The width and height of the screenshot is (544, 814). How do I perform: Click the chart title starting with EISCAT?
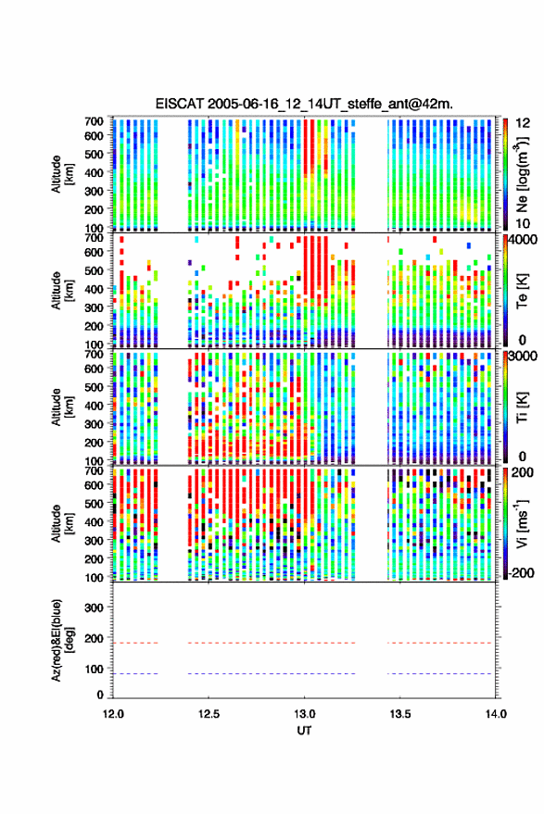pyautogui.click(x=304, y=104)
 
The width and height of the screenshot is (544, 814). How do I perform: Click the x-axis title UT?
pyautogui.click(x=304, y=731)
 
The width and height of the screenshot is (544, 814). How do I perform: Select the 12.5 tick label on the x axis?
pyautogui.click(x=209, y=714)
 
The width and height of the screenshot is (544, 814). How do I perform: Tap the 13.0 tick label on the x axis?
pyautogui.click(x=305, y=714)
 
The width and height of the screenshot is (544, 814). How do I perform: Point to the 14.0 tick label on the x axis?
pyautogui.click(x=496, y=714)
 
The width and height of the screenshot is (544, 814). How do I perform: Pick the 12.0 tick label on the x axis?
pyautogui.click(x=113, y=714)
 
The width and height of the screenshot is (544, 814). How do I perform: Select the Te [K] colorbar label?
pyautogui.click(x=522, y=291)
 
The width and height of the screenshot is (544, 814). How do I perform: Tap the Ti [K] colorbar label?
pyautogui.click(x=522, y=407)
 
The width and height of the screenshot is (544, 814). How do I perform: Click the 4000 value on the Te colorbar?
pyautogui.click(x=523, y=241)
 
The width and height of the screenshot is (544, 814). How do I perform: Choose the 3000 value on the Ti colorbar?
pyautogui.click(x=523, y=357)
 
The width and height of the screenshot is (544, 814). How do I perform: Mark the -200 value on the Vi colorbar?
pyautogui.click(x=520, y=572)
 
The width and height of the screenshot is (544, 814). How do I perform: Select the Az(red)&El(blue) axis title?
pyautogui.click(x=62, y=640)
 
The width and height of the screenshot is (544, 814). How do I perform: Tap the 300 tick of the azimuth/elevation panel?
pyautogui.click(x=94, y=607)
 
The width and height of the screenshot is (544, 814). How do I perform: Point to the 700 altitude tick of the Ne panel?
pyautogui.click(x=94, y=121)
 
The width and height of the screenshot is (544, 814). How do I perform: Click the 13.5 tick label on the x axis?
pyautogui.click(x=400, y=714)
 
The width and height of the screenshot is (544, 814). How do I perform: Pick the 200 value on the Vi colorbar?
pyautogui.click(x=523, y=472)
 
